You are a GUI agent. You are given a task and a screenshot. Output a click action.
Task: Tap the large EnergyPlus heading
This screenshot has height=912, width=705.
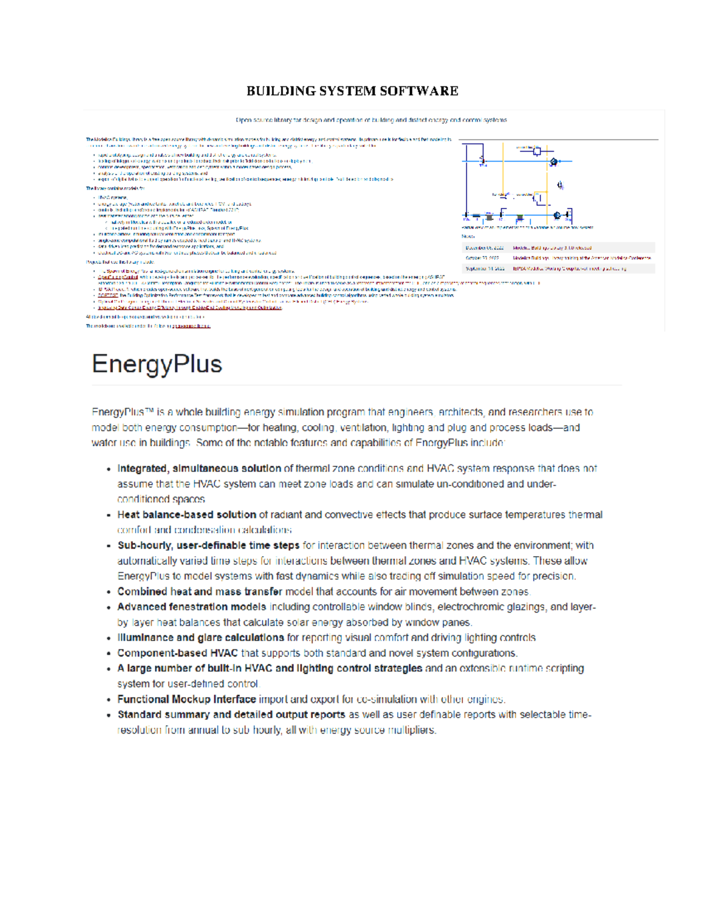(x=157, y=364)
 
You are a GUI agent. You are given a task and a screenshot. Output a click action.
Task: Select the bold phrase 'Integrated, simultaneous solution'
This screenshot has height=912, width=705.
(x=199, y=469)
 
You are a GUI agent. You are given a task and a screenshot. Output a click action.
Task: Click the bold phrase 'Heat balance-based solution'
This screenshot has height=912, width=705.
(x=186, y=514)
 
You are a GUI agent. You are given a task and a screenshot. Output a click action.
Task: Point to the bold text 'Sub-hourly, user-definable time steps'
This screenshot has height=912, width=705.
(x=208, y=546)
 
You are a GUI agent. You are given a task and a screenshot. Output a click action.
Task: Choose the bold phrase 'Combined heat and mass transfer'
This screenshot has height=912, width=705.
(x=200, y=591)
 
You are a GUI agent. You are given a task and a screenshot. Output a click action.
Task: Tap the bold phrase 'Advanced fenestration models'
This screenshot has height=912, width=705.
(x=192, y=607)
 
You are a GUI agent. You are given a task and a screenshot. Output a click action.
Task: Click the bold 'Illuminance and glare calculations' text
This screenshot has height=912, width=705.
(x=200, y=638)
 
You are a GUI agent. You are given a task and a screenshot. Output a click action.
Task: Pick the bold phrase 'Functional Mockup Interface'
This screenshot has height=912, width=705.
(x=186, y=699)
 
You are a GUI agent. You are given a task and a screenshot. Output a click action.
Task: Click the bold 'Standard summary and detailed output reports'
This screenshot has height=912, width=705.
(x=231, y=715)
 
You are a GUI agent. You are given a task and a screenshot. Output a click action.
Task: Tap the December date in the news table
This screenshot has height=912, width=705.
(x=485, y=248)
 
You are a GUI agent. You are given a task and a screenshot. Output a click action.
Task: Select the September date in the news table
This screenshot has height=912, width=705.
(x=485, y=268)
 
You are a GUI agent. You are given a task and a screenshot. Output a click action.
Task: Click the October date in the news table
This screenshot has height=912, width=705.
(x=482, y=258)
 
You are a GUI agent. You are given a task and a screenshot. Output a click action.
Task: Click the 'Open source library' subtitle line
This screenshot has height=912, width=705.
(x=371, y=120)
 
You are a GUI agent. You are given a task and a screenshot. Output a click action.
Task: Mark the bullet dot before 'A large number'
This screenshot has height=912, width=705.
(x=109, y=669)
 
